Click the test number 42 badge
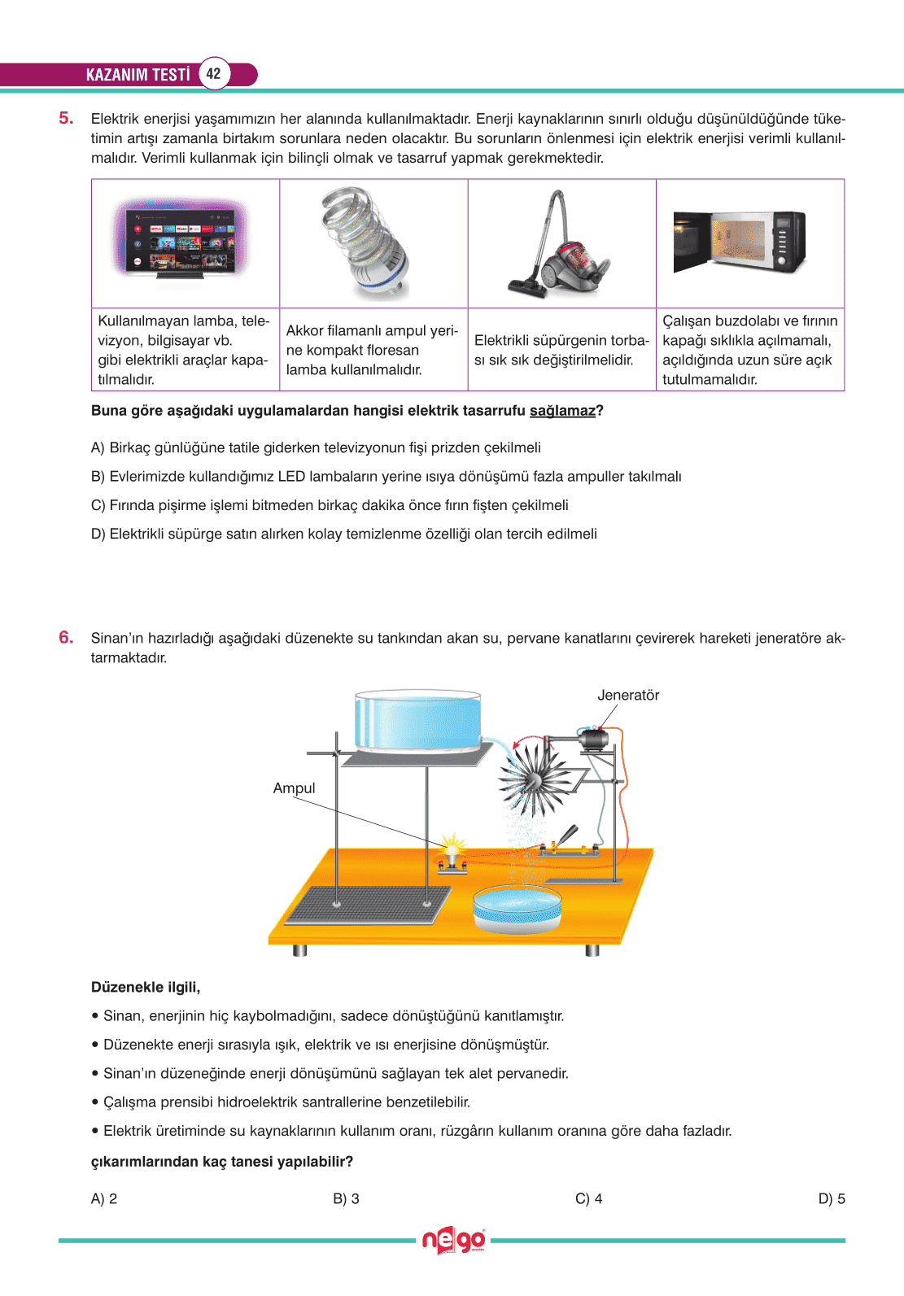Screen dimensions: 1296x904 [213, 74]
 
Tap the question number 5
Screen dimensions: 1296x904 [66, 119]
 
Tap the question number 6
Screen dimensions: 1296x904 [66, 638]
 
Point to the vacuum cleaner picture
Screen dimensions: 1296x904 [560, 244]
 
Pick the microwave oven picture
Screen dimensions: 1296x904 [740, 242]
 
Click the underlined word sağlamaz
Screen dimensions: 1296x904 [562, 411]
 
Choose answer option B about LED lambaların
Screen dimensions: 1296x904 [386, 477]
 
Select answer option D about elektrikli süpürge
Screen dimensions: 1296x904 [344, 535]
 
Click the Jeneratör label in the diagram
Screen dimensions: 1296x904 [628, 696]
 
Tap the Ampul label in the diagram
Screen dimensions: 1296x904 [294, 788]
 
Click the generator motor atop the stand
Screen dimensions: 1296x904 [594, 740]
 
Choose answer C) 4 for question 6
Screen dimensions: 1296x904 [588, 1199]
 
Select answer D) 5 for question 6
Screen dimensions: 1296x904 [832, 1199]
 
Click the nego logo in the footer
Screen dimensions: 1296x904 [453, 1241]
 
